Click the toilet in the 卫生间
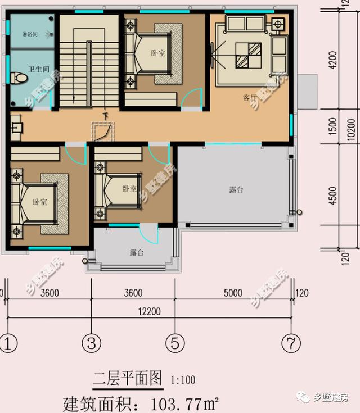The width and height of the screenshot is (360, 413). [x=20, y=77]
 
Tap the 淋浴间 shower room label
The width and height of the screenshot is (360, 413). [x=29, y=34]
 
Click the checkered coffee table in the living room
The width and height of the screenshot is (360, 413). [x=247, y=56]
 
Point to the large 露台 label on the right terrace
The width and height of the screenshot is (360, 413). [x=236, y=190]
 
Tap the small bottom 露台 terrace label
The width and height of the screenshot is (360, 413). [x=137, y=253]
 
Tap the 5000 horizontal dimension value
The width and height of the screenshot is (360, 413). [x=232, y=293]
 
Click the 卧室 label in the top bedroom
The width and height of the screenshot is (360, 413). [x=158, y=53]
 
